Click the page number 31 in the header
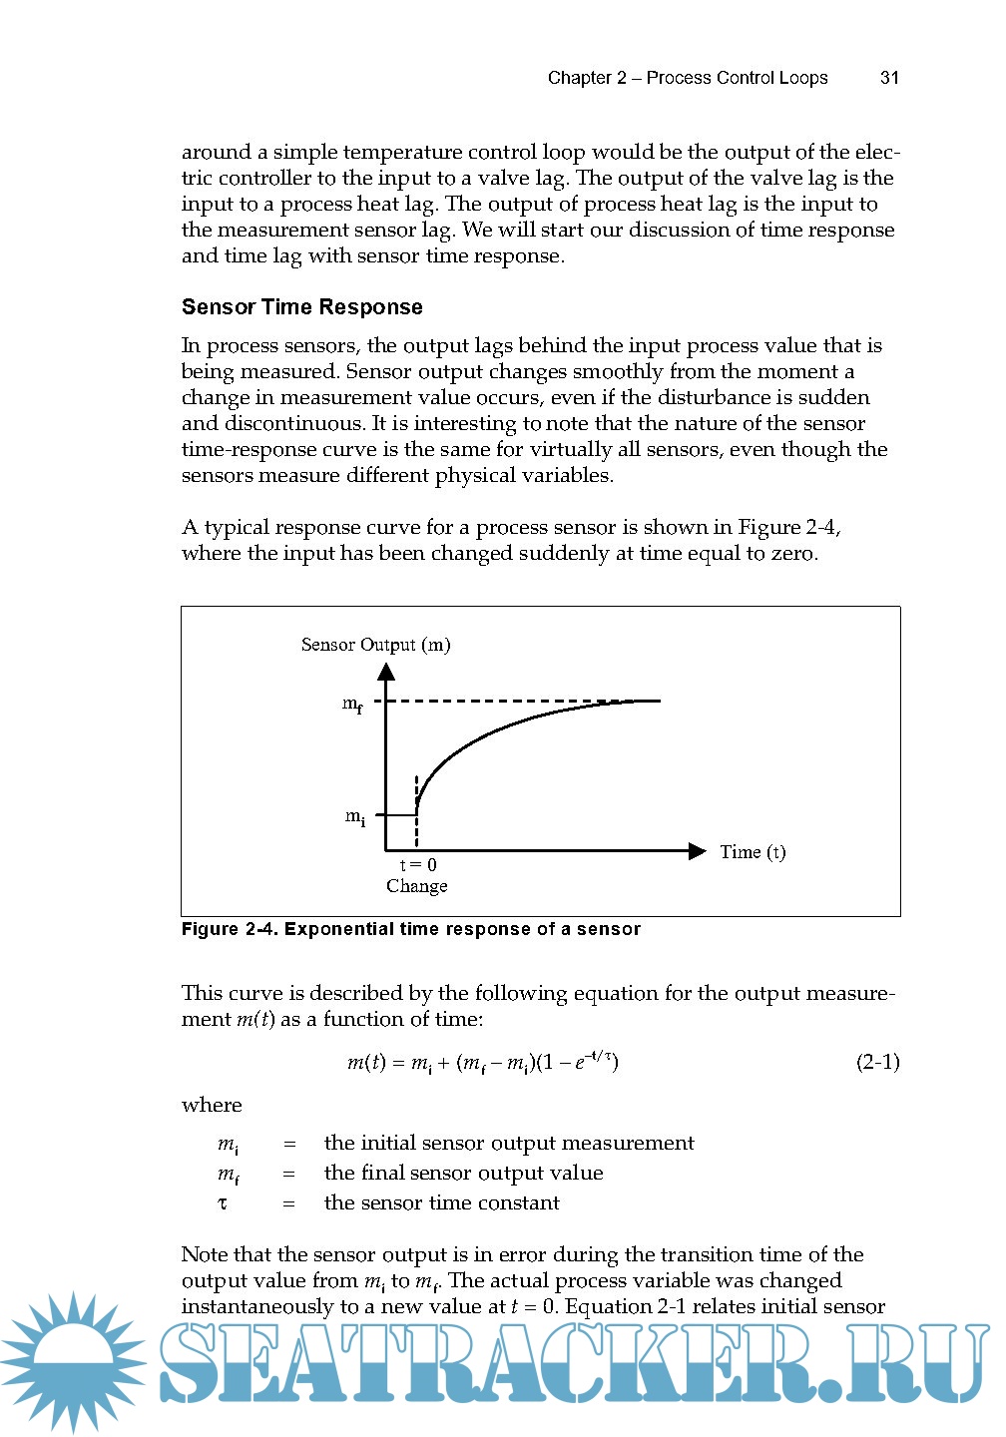click(889, 78)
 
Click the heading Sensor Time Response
click(301, 307)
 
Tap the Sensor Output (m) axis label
click(375, 645)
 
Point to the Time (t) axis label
click(753, 852)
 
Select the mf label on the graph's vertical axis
click(352, 705)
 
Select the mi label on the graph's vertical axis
click(355, 817)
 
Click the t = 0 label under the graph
click(418, 865)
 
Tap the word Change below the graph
click(416, 886)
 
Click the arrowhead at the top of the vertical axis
click(386, 671)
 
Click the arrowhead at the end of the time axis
click(697, 851)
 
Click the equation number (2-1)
click(877, 1062)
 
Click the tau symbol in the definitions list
click(223, 1203)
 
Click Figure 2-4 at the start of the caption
click(230, 930)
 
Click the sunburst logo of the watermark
click(72, 1361)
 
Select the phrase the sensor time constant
click(441, 1203)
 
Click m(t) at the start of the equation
click(365, 1063)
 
